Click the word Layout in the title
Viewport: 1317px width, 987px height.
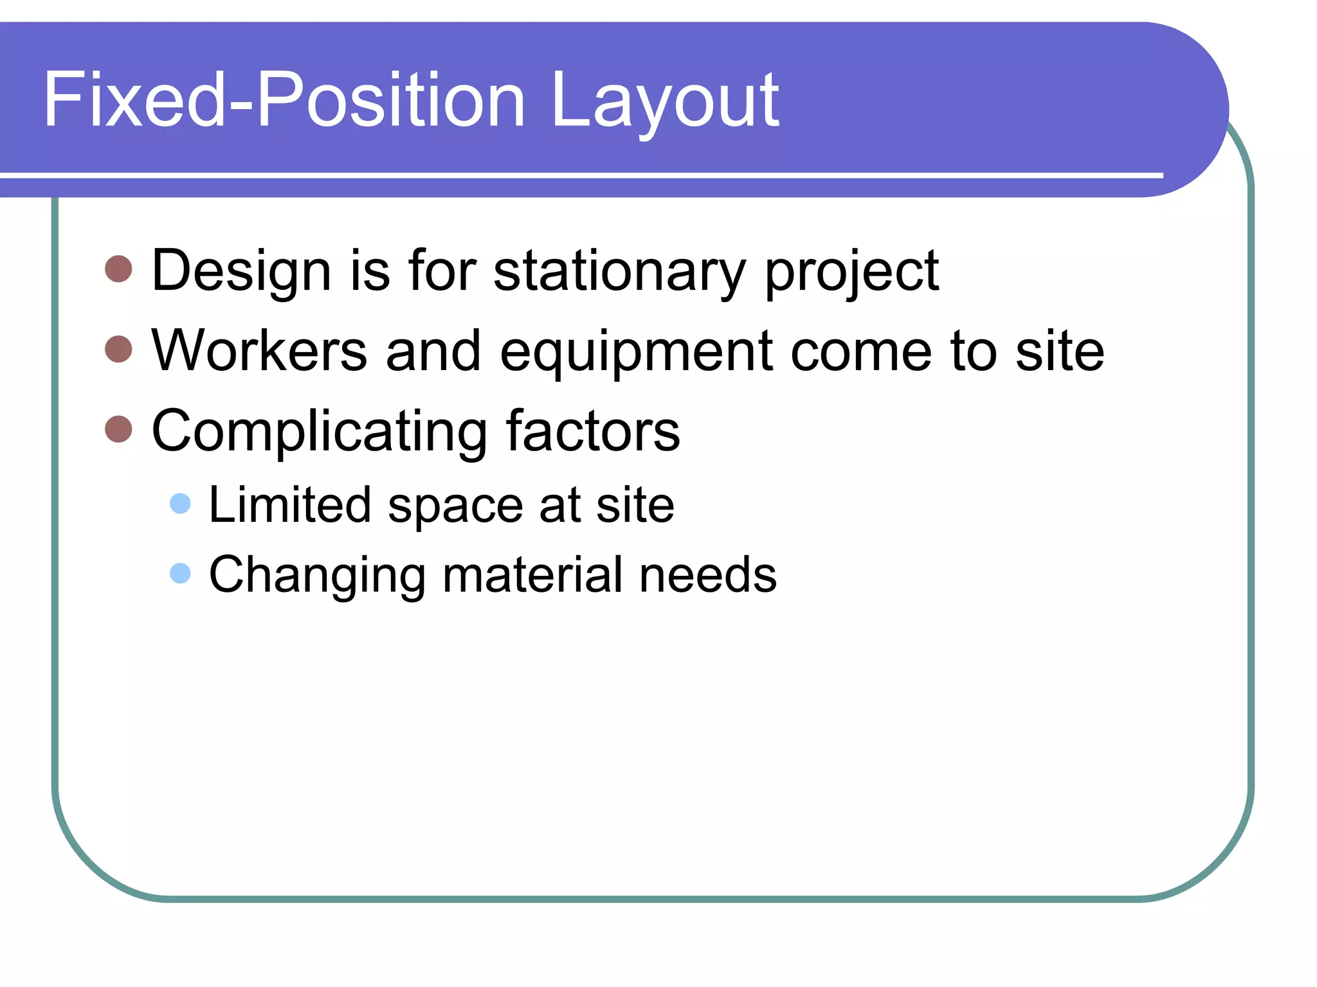tap(665, 102)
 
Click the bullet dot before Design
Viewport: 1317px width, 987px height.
tap(118, 269)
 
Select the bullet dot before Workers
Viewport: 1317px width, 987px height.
tap(118, 349)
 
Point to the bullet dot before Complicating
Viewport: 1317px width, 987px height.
tap(118, 429)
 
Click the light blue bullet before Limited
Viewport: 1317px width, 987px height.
tap(181, 503)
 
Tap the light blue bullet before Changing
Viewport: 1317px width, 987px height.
tap(181, 573)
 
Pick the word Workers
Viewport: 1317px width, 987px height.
tap(259, 351)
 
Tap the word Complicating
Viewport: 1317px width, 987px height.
tap(320, 432)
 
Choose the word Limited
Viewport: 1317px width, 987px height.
tap(290, 504)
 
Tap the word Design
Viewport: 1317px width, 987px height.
tap(241, 271)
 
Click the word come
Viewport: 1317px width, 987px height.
tap(861, 352)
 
